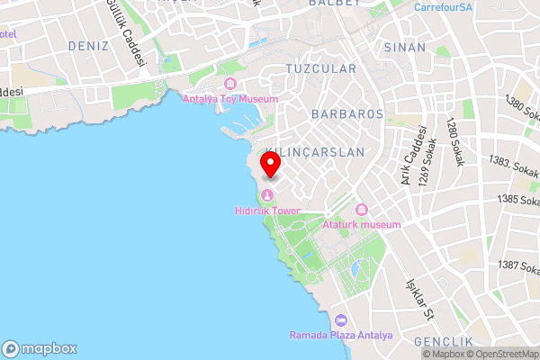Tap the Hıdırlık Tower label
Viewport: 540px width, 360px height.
tap(267, 211)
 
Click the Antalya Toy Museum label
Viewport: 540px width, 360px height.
tap(230, 99)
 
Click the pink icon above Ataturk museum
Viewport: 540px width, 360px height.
tap(360, 210)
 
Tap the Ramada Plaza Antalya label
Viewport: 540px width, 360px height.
tap(341, 336)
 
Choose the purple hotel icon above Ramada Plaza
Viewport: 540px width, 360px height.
tap(341, 321)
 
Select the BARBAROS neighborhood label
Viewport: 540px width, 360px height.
tap(346, 114)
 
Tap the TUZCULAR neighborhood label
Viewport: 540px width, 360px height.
tap(320, 68)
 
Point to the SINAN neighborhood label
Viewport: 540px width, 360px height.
tap(404, 47)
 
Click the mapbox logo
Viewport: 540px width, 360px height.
tap(40, 349)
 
